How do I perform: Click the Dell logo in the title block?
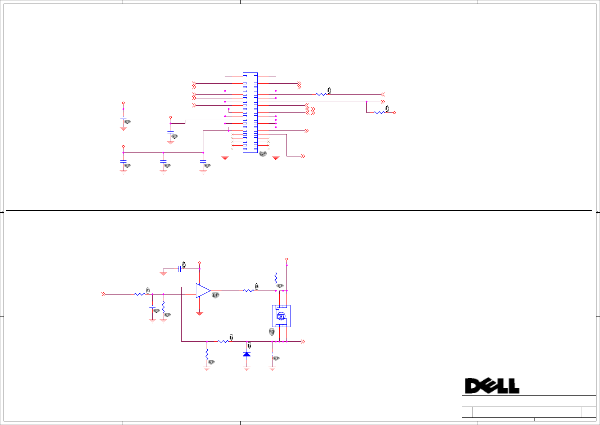[492, 386]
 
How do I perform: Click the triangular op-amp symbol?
[203, 291]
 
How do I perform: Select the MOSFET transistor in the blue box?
[281, 316]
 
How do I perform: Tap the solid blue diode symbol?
[247, 354]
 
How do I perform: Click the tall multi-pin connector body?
[250, 112]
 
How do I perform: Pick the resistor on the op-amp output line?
[248, 291]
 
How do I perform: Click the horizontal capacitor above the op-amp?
[179, 269]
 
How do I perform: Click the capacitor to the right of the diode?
[272, 354]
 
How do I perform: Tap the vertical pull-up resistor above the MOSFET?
[276, 278]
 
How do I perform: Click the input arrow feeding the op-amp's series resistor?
[104, 294]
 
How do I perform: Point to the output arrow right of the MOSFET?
[303, 341]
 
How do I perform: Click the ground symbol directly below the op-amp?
[199, 314]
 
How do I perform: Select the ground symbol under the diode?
[247, 368]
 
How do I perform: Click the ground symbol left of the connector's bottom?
[225, 158]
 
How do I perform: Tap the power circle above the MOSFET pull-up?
[287, 259]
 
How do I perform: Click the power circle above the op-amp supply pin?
[199, 263]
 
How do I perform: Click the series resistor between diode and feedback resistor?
[223, 341]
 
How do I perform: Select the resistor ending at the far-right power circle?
[379, 112]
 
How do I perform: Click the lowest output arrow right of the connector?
[303, 156]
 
